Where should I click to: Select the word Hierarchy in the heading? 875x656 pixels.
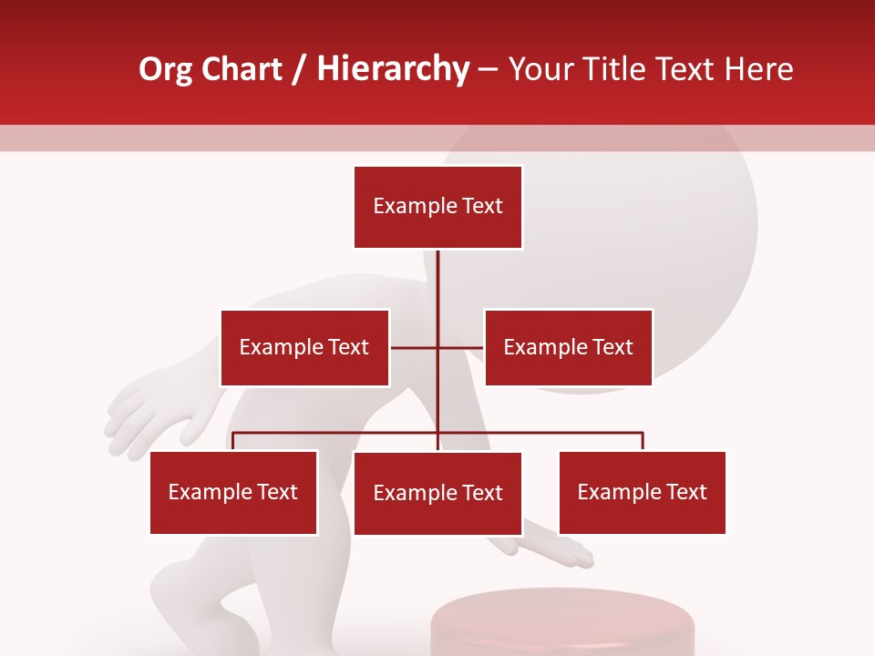point(393,69)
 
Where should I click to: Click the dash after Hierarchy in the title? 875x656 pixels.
point(488,69)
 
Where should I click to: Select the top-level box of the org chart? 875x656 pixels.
point(437,207)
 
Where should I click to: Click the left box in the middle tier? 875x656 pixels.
point(304,347)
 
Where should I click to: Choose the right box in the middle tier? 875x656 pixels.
point(569,347)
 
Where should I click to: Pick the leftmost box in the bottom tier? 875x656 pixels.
point(233,493)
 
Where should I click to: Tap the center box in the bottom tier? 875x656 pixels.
point(437,494)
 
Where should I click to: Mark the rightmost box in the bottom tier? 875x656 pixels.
point(643,493)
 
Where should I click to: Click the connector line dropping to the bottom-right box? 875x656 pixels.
point(643,441)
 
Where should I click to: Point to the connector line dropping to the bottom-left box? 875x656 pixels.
point(233,441)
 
